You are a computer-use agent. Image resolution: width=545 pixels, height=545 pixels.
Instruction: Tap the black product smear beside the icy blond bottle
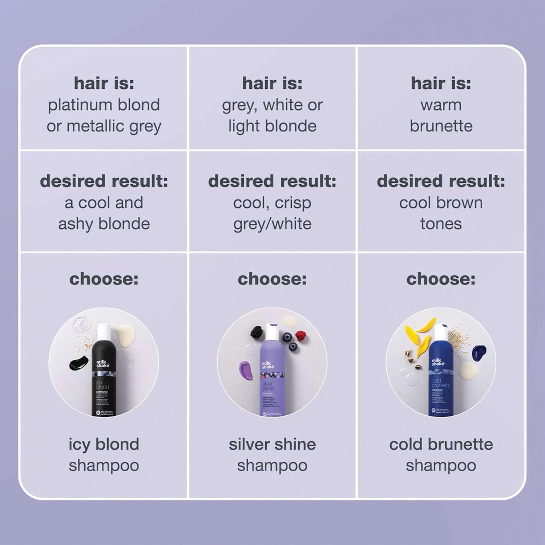click(x=79, y=362)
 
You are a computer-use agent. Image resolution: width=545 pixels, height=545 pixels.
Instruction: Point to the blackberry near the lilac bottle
click(x=257, y=331)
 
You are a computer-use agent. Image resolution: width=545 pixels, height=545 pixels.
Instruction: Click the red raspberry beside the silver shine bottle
click(x=300, y=335)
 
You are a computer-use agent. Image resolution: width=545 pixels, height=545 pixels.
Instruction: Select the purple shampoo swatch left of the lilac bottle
click(x=244, y=369)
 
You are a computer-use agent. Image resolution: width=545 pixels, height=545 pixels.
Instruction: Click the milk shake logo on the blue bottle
click(x=438, y=362)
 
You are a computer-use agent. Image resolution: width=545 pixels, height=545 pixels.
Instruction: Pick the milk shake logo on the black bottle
click(x=102, y=364)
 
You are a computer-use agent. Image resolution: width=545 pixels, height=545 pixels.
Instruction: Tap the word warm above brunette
click(x=441, y=105)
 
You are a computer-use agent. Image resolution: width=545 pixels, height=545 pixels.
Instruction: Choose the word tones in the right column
click(x=441, y=224)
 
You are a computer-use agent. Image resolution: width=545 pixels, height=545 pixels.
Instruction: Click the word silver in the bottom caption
click(x=249, y=444)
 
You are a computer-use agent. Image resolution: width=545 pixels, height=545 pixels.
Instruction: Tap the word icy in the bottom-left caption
click(x=79, y=445)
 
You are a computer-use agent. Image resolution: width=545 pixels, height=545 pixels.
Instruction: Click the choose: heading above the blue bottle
click(x=441, y=279)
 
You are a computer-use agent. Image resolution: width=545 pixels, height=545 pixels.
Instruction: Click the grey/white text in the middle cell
click(x=272, y=224)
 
